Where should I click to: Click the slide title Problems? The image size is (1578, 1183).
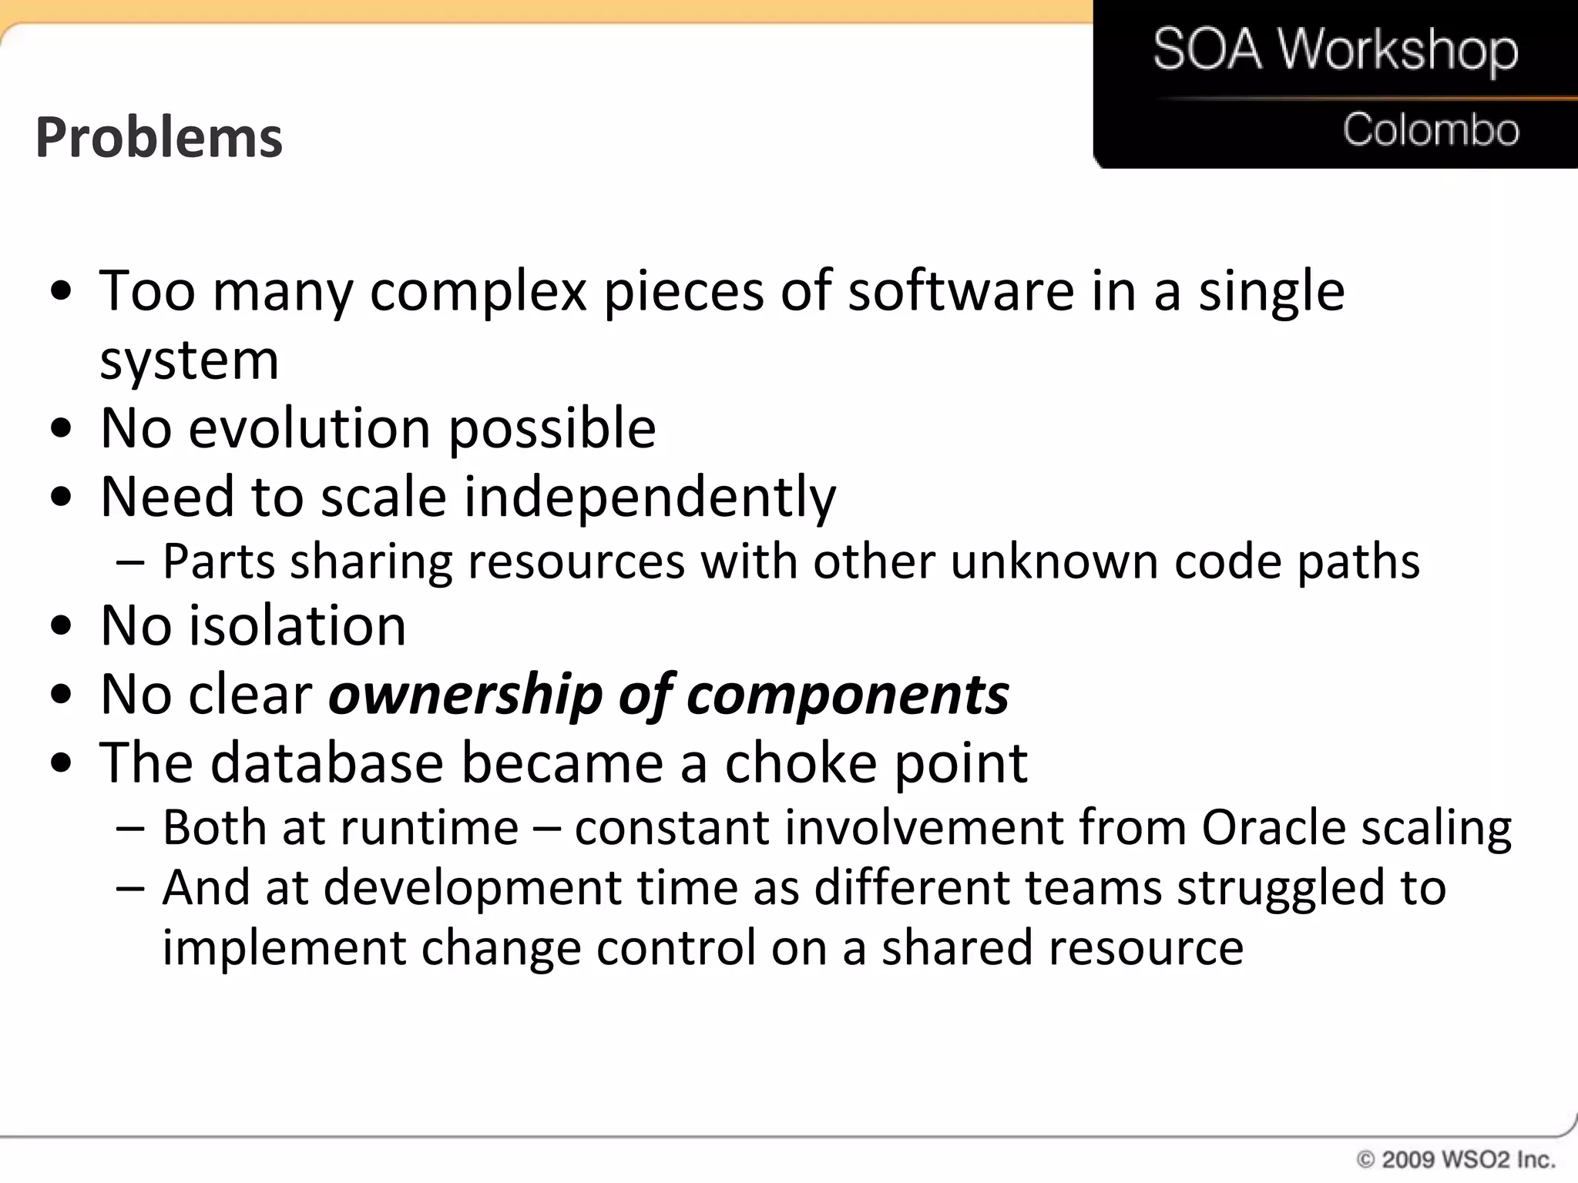pos(159,137)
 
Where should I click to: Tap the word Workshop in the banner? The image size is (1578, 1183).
pos(1398,51)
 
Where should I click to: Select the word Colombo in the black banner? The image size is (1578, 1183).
pos(1431,129)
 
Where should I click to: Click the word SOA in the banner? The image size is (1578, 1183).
pos(1207,49)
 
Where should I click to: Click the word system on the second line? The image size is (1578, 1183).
pos(189,360)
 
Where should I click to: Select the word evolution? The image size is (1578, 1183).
pos(309,428)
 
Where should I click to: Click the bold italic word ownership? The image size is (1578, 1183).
pos(465,695)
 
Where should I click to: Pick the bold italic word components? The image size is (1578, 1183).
pos(847,695)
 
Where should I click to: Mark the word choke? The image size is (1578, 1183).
pos(801,763)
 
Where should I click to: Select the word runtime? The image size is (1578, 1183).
pos(429,828)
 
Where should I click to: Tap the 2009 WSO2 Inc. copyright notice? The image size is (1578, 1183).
pos(1455,1159)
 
